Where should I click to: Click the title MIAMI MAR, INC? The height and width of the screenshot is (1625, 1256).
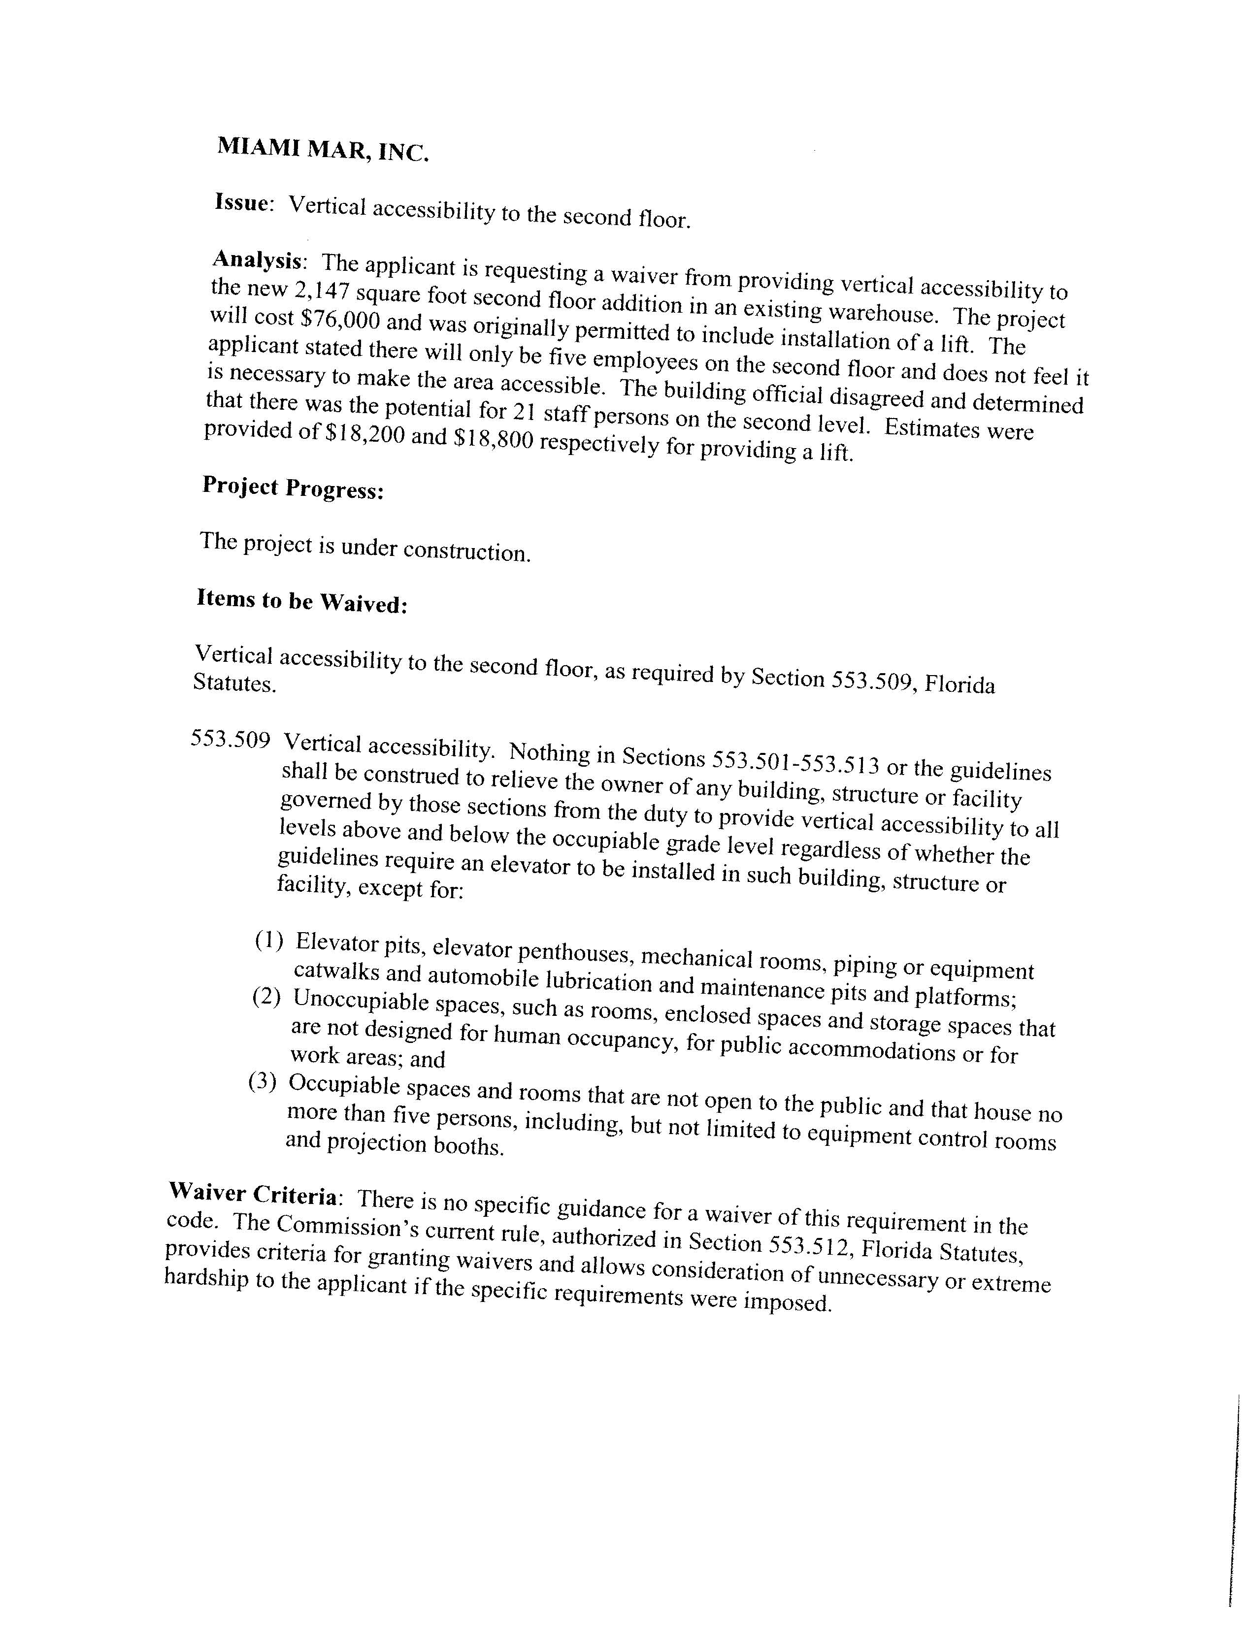click(x=322, y=150)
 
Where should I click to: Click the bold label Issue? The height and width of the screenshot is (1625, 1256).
click(x=242, y=202)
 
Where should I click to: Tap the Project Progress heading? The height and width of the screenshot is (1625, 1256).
click(x=293, y=489)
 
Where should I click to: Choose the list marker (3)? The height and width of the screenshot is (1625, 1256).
click(x=262, y=1082)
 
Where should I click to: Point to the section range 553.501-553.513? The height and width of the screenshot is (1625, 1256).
click(x=795, y=762)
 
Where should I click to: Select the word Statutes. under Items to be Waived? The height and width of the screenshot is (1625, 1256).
click(x=234, y=683)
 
